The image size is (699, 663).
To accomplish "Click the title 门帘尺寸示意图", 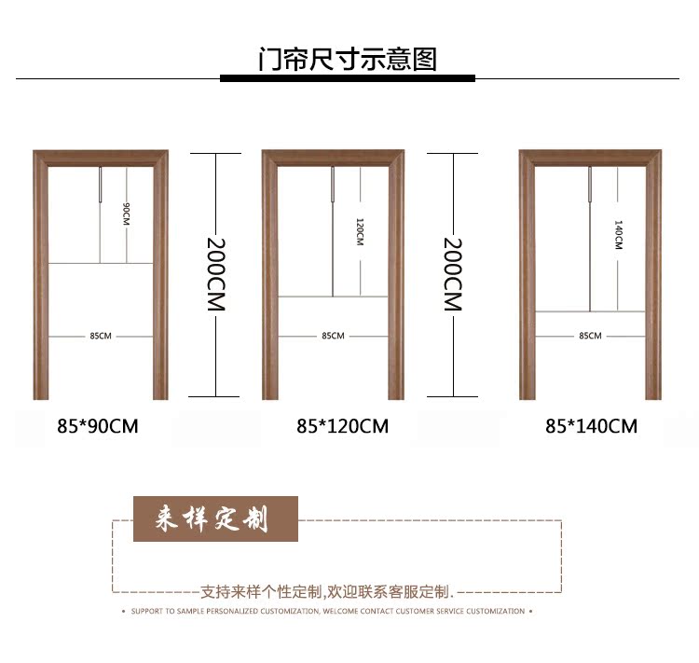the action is (347, 59).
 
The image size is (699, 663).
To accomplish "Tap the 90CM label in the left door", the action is (127, 214).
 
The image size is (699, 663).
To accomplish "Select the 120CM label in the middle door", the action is (360, 230).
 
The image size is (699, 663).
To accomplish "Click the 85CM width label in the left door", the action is (100, 336).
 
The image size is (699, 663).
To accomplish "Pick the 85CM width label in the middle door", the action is (333, 336).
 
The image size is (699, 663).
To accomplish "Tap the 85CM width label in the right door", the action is (590, 336).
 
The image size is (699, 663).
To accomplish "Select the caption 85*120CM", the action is (342, 426).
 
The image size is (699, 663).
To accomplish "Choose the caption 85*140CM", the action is (591, 426).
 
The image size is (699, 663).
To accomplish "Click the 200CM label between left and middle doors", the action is (215, 274).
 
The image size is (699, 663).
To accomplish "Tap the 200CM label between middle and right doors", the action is (453, 274).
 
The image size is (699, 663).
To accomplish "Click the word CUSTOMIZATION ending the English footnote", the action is (495, 612).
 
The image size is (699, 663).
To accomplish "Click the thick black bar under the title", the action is (347, 78).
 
